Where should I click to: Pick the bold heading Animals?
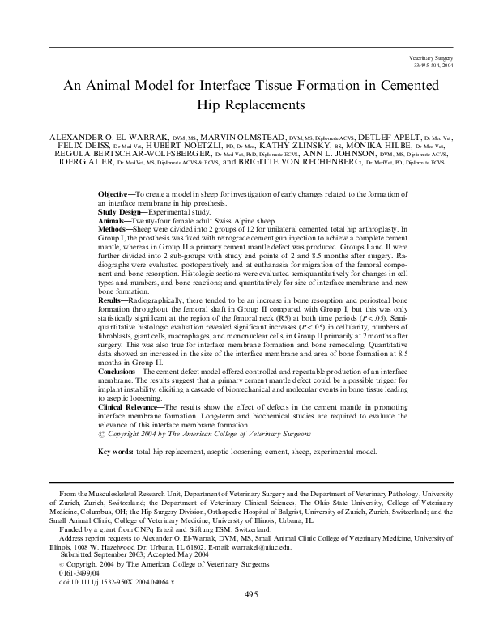(x=113, y=220)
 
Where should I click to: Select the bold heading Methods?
(x=114, y=228)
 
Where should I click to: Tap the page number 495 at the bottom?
(x=250, y=594)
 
